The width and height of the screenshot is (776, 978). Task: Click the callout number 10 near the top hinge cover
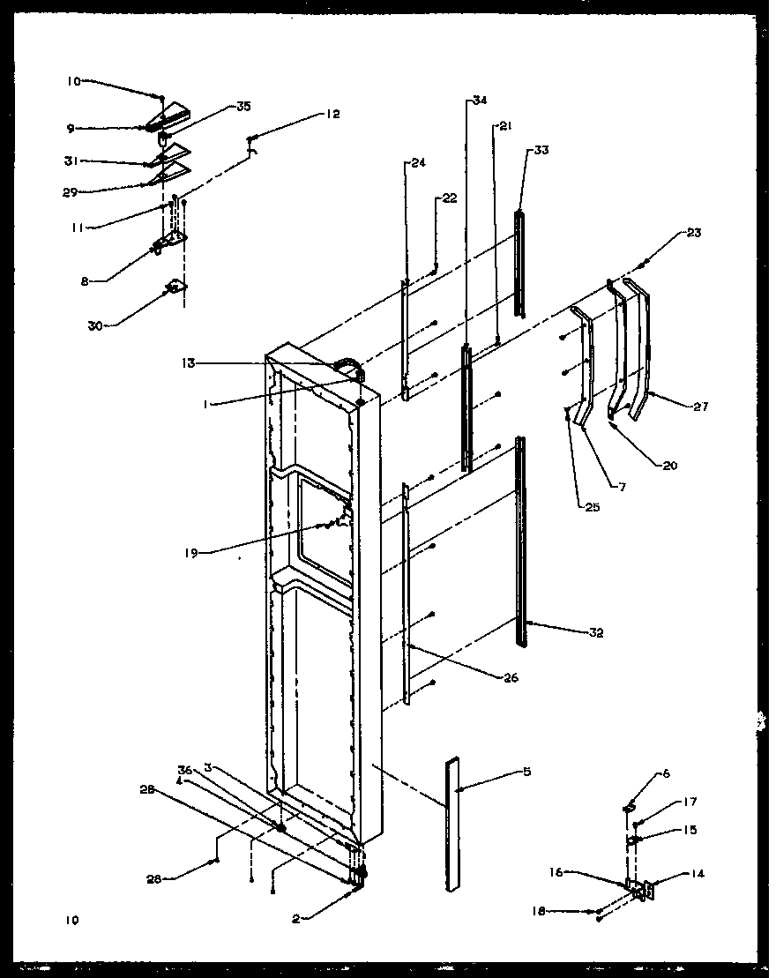pyautogui.click(x=73, y=81)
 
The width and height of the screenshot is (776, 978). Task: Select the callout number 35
pyautogui.click(x=242, y=107)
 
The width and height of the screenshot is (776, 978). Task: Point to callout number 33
pyautogui.click(x=541, y=150)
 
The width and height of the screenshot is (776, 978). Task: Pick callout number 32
pyautogui.click(x=596, y=632)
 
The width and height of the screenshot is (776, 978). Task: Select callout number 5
pyautogui.click(x=527, y=773)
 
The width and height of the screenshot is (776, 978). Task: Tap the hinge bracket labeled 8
pyautogui.click(x=170, y=242)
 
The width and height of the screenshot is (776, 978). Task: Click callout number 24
pyautogui.click(x=417, y=163)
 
